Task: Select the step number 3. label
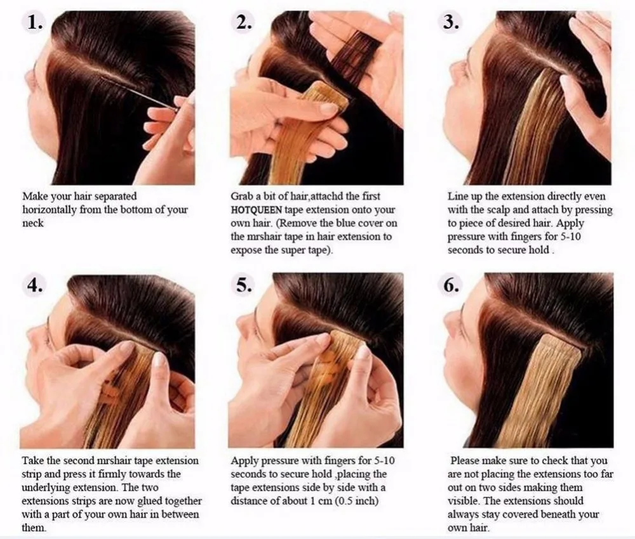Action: pyautogui.click(x=450, y=23)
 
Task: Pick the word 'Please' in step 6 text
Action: pyautogui.click(x=466, y=460)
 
